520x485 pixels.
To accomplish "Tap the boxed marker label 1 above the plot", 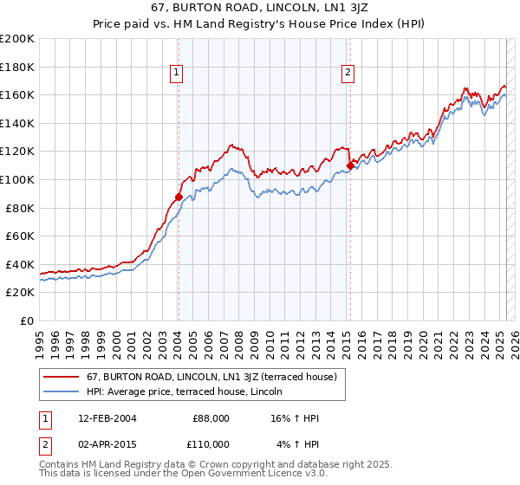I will point(177,74).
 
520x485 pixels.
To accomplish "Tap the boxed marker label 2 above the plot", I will point(348,74).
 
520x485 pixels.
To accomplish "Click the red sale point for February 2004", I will point(179,197).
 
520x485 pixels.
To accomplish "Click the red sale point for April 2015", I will point(350,165).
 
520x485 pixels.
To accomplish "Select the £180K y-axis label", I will point(19,67).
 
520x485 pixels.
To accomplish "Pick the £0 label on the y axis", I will point(27,320).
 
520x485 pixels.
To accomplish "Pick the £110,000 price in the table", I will point(211,444).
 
